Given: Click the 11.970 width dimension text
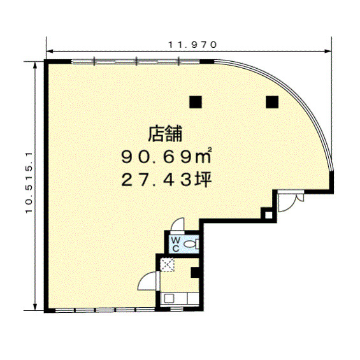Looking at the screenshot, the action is tap(192, 45).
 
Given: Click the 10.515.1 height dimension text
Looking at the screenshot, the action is tap(29, 182).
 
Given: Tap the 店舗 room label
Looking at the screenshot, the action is tap(165, 133).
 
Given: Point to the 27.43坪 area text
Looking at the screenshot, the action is tap(166, 179).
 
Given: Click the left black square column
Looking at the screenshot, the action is tap(196, 102).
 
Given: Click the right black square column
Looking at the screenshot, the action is tap(272, 102).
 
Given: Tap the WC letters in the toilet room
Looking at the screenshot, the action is tap(176, 244).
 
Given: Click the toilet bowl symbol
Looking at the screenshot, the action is tap(191, 244).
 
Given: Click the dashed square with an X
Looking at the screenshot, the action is tap(168, 264).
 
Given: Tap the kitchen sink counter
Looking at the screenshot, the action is tap(180, 298).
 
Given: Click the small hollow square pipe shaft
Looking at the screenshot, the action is tap(268, 215).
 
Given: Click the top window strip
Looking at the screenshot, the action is tap(136, 61).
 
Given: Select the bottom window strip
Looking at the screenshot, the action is tap(104, 310).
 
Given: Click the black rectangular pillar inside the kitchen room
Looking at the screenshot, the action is tap(195, 273).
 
